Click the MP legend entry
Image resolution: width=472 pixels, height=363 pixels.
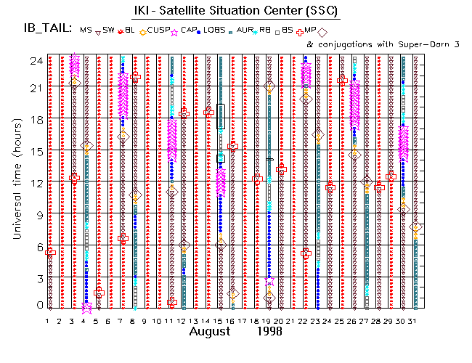point(310,30)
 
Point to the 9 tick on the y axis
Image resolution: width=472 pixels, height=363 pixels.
point(35,215)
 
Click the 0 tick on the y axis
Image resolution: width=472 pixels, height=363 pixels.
point(35,306)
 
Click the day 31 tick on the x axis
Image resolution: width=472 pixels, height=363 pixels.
point(414,321)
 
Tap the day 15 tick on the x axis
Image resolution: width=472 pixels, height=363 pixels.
point(219,321)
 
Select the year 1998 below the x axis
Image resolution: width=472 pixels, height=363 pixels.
point(269,332)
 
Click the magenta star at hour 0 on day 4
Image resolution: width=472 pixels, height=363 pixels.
point(86,307)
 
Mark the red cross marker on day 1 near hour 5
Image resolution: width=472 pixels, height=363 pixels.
point(49,253)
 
